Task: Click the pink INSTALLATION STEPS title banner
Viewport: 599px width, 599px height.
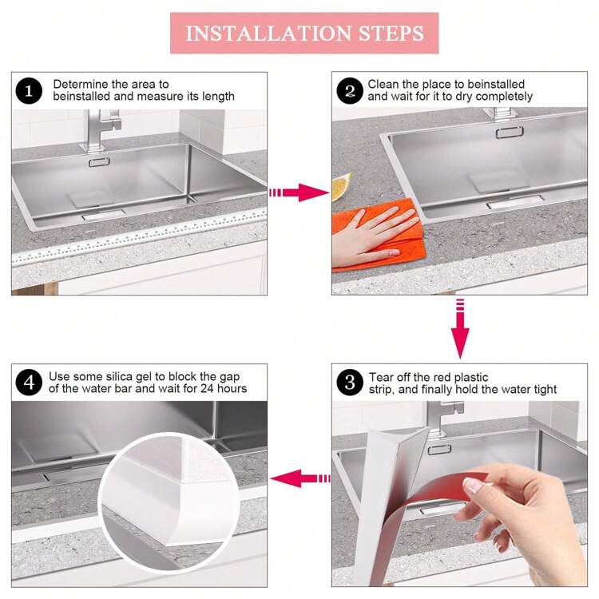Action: [x=304, y=33]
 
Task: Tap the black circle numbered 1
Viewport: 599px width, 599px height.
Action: [x=29, y=91]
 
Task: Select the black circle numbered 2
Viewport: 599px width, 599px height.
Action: [x=350, y=91]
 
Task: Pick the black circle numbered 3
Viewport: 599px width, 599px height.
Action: [x=350, y=383]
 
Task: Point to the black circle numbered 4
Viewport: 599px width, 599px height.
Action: [x=29, y=383]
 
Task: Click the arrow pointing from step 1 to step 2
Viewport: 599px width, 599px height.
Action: [x=299, y=192]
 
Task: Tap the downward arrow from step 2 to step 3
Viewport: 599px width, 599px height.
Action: [x=460, y=328]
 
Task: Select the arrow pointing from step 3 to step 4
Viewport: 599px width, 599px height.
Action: [x=300, y=478]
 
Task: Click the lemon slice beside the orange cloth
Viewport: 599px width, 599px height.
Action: [x=340, y=186]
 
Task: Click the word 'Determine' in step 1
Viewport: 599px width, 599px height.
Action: [x=80, y=84]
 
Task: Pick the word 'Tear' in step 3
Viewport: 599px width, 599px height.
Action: [x=380, y=377]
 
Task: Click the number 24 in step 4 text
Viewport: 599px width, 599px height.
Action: [x=207, y=388]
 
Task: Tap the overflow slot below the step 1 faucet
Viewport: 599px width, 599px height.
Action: [x=99, y=162]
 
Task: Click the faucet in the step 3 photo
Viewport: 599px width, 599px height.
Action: [x=443, y=419]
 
